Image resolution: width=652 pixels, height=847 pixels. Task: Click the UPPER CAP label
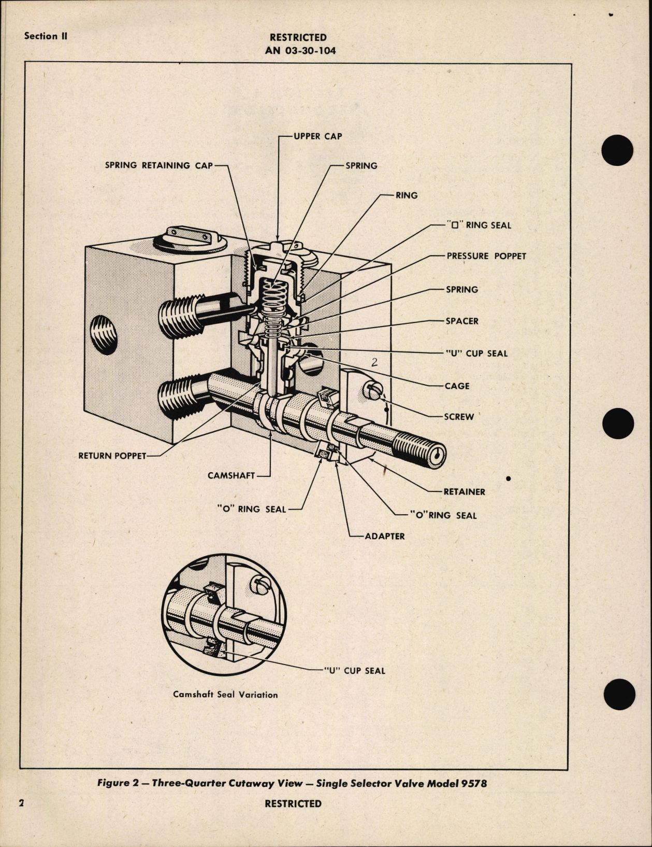point(318,136)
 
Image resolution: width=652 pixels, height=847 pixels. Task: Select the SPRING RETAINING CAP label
point(159,165)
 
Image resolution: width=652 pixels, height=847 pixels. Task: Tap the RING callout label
point(407,195)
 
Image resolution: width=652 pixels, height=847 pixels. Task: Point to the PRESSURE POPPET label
point(486,256)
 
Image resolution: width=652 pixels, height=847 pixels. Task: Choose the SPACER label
point(462,321)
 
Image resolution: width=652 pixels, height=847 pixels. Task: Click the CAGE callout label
point(457,386)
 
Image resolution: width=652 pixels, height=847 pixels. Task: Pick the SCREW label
point(459,416)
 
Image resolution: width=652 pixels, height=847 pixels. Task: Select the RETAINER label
point(464,491)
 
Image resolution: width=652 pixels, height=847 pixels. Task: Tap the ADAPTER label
point(385,536)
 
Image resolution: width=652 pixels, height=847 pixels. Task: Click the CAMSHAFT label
point(231,475)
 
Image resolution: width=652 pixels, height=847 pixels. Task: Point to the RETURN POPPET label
point(112,456)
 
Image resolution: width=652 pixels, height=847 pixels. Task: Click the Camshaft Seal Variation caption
point(225,695)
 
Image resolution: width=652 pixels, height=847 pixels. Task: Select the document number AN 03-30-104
point(298,50)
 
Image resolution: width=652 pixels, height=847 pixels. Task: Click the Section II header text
point(46,36)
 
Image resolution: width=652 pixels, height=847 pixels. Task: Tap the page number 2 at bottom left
point(22,803)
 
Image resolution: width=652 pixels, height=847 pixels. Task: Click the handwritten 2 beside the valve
point(374,362)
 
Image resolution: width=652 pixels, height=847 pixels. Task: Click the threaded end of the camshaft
point(419,449)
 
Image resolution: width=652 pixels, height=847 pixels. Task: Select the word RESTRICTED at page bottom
point(293,803)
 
